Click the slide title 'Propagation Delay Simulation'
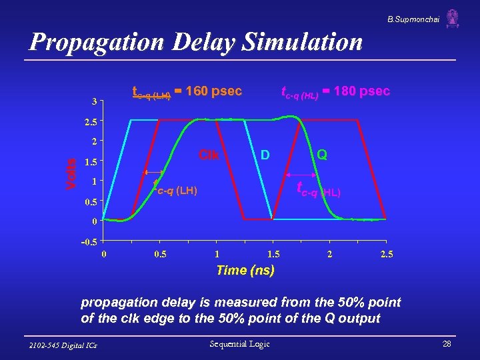196,43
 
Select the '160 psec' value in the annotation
213,91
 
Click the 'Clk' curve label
209,155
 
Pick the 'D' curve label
264,155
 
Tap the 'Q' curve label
323,155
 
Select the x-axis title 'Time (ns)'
245,270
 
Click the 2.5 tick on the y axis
91,122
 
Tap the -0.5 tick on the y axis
89,241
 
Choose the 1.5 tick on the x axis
273,254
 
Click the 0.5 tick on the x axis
160,254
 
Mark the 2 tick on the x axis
330,254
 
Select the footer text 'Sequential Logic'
239,343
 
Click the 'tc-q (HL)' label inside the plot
319,190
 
